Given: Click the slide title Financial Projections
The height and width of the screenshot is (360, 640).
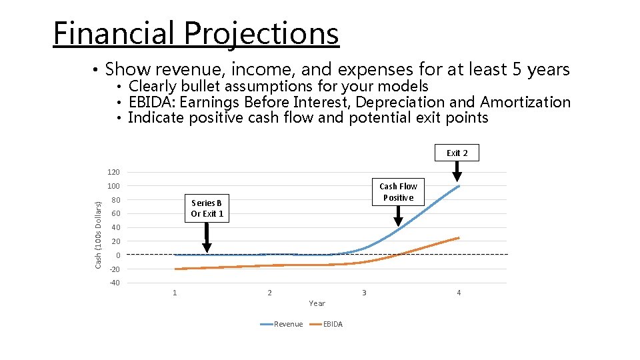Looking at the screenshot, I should click(x=196, y=33).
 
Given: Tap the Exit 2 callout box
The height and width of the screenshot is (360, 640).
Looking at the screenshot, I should click(x=457, y=153).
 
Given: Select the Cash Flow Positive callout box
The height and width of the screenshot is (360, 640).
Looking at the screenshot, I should click(x=399, y=192).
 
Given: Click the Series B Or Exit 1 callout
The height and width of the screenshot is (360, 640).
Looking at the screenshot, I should click(x=207, y=208).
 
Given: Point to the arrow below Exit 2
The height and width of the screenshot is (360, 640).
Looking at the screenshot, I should click(x=457, y=172).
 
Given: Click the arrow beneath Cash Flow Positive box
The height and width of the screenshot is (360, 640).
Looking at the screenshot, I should click(x=399, y=215).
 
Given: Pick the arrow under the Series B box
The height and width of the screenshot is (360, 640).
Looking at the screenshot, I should click(x=207, y=237).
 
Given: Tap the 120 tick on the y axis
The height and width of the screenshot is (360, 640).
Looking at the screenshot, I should click(x=113, y=172).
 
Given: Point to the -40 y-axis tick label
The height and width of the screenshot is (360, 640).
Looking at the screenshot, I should click(x=114, y=283).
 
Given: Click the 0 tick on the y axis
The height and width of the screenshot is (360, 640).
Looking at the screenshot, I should click(x=117, y=255).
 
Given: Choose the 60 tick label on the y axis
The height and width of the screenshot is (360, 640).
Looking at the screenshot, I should click(x=115, y=214).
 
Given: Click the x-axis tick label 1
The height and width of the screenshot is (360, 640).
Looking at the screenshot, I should click(x=175, y=293).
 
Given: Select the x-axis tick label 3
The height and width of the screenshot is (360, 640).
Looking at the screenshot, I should click(x=364, y=293).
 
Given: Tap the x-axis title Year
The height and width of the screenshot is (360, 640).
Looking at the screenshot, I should click(x=317, y=303).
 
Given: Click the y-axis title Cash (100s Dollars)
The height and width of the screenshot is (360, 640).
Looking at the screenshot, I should click(x=98, y=227).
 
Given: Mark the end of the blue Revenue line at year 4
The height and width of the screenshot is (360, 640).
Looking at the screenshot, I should click(x=458, y=186).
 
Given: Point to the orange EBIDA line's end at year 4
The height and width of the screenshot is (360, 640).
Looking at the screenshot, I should click(x=458, y=237).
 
